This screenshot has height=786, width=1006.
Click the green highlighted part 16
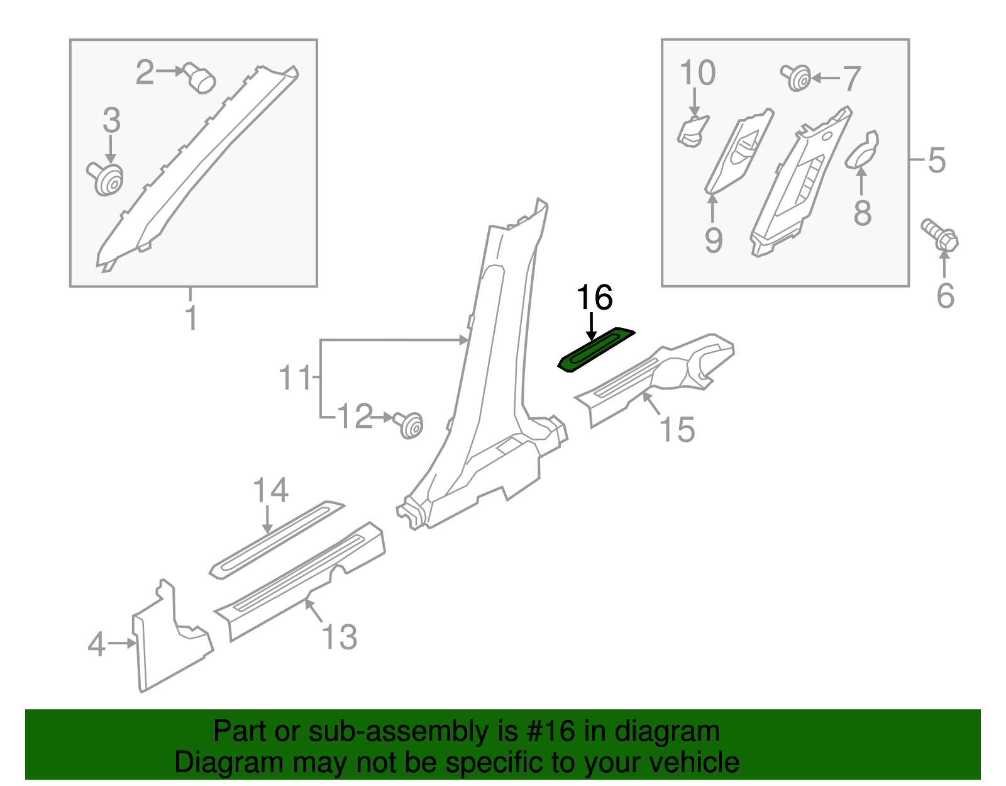tap(596, 350)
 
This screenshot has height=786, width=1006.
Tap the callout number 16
tap(594, 297)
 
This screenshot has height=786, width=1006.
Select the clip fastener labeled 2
tap(200, 79)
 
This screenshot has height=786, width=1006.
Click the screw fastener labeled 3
tap(106, 179)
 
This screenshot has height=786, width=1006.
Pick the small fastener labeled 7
tap(797, 78)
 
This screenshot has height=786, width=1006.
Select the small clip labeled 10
tap(692, 132)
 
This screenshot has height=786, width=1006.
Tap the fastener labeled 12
tap(409, 425)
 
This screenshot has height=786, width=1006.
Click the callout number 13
tap(340, 637)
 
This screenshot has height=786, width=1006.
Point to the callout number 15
tap(677, 430)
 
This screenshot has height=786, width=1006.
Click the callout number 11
tap(295, 378)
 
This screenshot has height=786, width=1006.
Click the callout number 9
tap(713, 240)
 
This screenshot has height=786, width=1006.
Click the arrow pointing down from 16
tap(591, 327)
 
